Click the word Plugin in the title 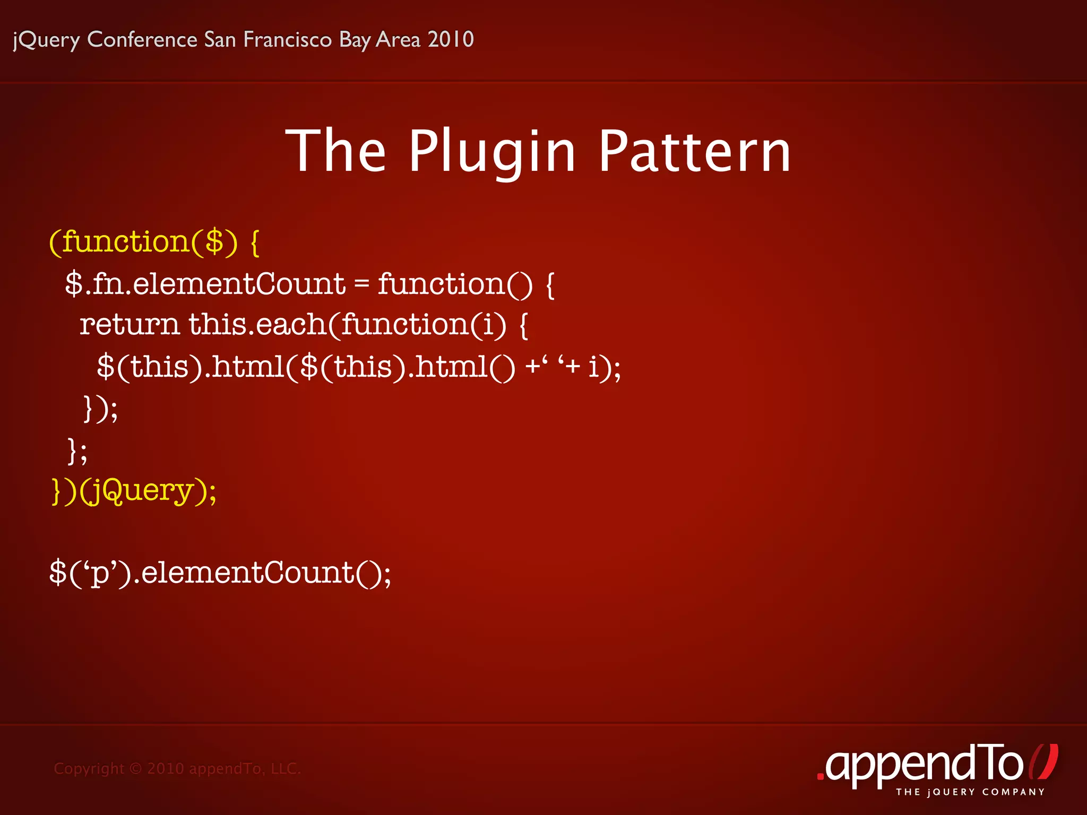(x=492, y=152)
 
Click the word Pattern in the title (x=695, y=152)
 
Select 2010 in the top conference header (x=451, y=40)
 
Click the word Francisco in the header (x=287, y=40)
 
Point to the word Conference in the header (x=142, y=40)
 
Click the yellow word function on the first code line (x=126, y=242)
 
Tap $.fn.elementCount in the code (x=205, y=284)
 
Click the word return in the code (x=130, y=324)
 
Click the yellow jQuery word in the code (x=140, y=490)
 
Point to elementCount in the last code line (x=248, y=573)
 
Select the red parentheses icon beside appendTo (x=1043, y=762)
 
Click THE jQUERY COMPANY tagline (x=970, y=792)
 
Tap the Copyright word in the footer (x=89, y=768)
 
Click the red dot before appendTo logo (x=821, y=777)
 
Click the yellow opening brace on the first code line (x=255, y=243)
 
